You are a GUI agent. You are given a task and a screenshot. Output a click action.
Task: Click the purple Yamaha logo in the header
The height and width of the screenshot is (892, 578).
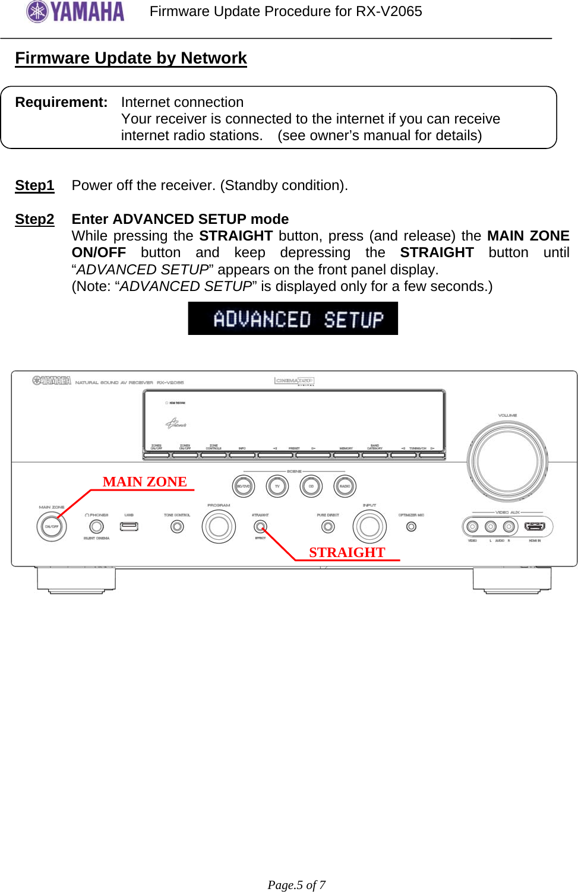click(x=75, y=11)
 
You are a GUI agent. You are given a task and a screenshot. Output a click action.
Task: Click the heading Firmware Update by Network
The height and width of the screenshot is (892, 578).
click(x=131, y=58)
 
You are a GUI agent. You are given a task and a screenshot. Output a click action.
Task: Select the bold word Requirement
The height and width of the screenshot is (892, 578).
click(x=61, y=102)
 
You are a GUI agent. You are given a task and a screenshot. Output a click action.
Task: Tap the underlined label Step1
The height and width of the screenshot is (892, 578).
click(x=34, y=185)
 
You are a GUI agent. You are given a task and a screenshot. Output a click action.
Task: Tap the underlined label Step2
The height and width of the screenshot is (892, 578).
click(x=34, y=219)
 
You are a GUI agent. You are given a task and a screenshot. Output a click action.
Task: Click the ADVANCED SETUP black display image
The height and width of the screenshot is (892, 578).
click(x=293, y=318)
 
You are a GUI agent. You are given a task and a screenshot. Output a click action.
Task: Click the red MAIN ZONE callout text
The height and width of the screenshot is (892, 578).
click(x=144, y=482)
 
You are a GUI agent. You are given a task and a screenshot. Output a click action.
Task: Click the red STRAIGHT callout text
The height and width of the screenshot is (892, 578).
click(x=347, y=552)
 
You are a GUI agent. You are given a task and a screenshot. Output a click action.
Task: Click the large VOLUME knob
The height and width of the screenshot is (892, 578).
click(x=507, y=461)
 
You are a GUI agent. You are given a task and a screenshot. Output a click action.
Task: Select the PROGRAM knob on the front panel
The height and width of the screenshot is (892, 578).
click(x=219, y=526)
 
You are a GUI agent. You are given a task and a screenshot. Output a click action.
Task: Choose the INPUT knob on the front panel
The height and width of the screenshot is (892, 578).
click(x=369, y=526)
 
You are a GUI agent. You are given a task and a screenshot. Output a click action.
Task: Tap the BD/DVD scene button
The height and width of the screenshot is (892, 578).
click(x=244, y=486)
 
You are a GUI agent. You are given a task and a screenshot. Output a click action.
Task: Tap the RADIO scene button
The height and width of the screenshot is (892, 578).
click(x=345, y=486)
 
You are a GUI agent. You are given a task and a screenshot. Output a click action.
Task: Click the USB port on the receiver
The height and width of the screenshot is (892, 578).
click(x=129, y=526)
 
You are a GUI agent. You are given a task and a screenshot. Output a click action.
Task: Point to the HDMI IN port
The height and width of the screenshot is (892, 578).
click(x=535, y=527)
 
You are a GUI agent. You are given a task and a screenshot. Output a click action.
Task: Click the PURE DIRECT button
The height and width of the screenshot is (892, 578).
click(x=328, y=526)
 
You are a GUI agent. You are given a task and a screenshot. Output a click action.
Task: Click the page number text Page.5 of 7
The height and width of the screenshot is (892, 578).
click(x=296, y=884)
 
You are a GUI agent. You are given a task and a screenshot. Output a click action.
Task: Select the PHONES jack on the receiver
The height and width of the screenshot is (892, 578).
click(x=96, y=526)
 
